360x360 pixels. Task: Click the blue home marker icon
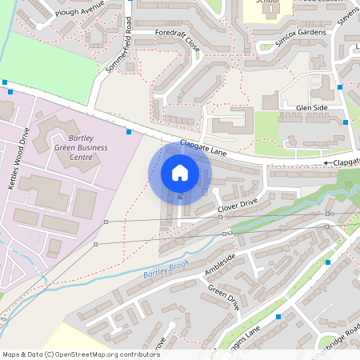tap(180, 172)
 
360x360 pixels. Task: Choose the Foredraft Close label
tap(177, 41)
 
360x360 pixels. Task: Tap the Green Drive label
tap(223, 298)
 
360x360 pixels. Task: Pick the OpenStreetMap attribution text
tap(81, 354)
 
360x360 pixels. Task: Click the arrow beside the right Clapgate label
tap(327, 163)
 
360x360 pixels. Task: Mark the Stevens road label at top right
tap(347, 14)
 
